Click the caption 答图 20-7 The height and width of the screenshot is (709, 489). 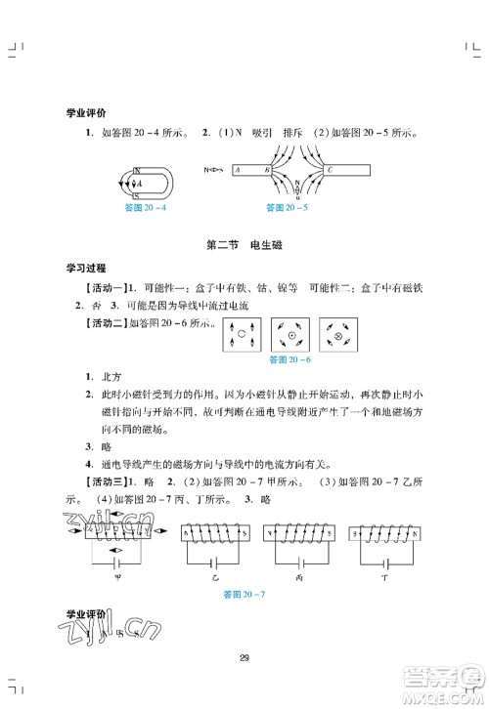pos(245,595)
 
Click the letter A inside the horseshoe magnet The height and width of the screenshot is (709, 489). pos(139,182)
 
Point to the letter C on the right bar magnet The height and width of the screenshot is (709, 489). pos(330,169)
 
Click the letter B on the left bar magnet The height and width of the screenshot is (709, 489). pos(266,169)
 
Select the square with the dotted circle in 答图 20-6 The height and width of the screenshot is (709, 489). pos(290,336)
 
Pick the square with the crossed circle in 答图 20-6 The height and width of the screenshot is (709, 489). pos(340,336)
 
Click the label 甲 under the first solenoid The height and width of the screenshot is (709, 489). pos(114,576)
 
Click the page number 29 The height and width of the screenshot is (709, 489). pos(244,656)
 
